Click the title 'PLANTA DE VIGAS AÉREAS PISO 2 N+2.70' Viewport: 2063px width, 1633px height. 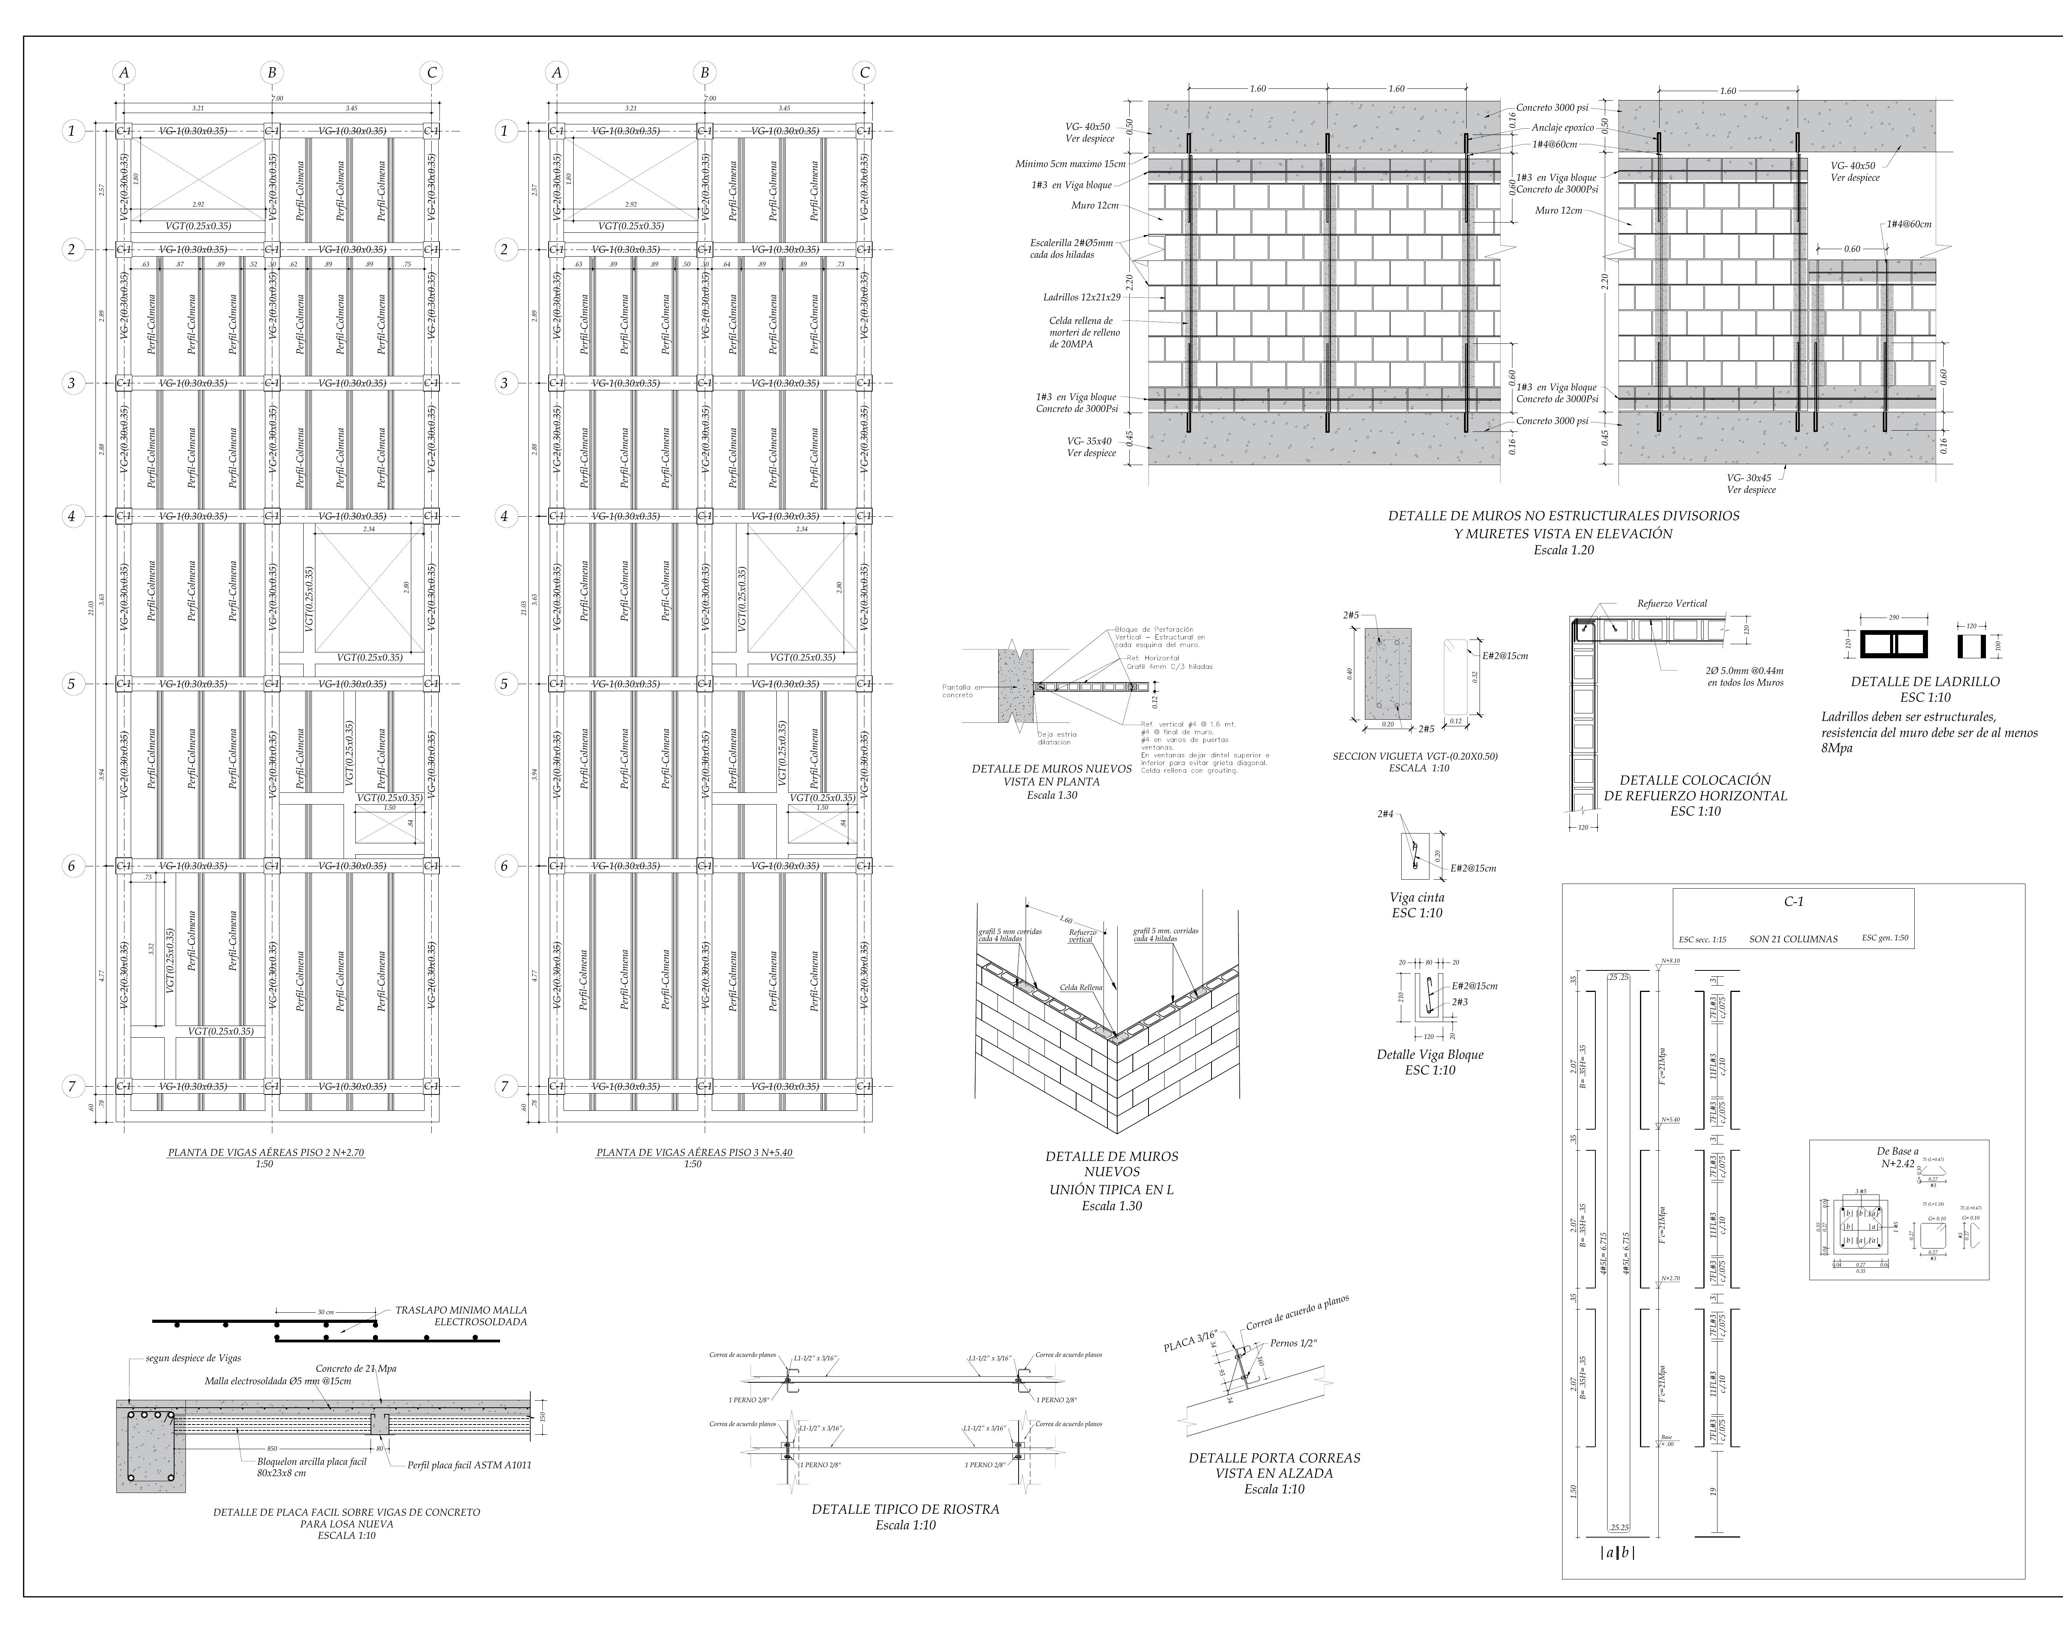point(266,1153)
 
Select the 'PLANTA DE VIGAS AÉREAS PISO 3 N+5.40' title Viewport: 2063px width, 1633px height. point(694,1153)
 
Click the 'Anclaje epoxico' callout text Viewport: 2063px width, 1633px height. point(1562,127)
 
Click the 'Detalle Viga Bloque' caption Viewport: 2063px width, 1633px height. point(1430,1055)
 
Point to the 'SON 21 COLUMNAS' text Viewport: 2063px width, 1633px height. point(1793,939)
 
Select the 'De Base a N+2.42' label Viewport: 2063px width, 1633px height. point(1897,1158)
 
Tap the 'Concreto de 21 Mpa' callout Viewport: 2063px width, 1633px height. point(356,1368)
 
